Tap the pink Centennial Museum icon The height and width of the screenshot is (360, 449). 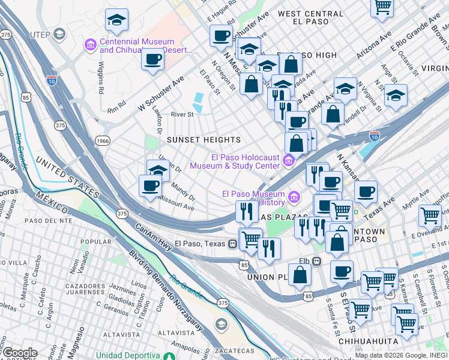(91, 45)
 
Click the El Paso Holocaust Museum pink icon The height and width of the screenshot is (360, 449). (289, 160)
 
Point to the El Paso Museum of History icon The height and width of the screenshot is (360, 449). (294, 197)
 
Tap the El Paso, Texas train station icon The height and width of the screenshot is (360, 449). (232, 244)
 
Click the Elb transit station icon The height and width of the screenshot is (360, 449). (316, 261)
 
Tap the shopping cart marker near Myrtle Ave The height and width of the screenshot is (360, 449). (430, 215)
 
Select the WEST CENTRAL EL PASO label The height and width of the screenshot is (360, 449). (303, 17)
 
